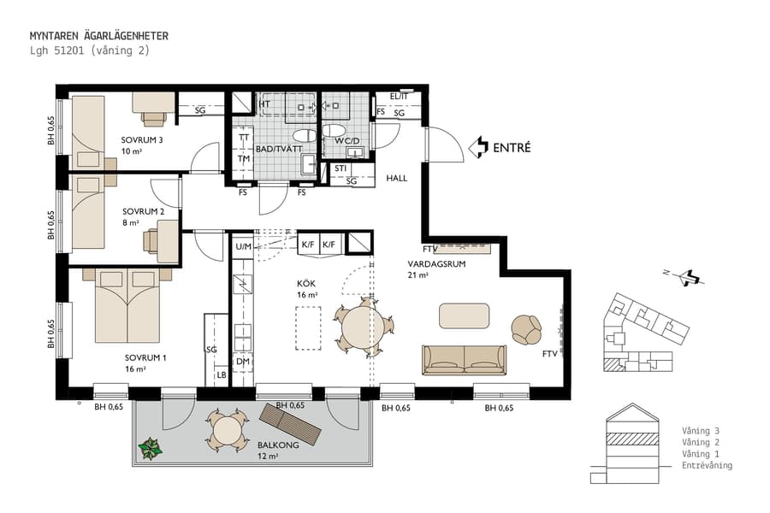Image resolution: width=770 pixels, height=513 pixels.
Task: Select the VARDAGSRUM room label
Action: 435,265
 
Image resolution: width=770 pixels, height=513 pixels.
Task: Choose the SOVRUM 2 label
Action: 143,210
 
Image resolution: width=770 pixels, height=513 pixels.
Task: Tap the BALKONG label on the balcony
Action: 277,445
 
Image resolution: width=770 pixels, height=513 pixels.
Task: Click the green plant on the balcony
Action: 151,448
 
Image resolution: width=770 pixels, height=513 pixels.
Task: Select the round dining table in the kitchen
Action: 365,326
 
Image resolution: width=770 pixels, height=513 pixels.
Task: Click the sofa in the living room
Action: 465,360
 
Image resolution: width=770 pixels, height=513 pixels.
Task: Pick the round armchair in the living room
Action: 526,328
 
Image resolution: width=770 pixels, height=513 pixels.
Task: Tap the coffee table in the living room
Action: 464,315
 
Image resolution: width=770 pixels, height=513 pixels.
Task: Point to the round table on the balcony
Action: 227,430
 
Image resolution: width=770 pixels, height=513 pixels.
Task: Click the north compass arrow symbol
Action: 688,277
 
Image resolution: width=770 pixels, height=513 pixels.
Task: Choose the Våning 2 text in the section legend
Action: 700,442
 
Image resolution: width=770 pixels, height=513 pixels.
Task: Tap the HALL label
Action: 396,179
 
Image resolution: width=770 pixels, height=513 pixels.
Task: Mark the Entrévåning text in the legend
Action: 707,466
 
